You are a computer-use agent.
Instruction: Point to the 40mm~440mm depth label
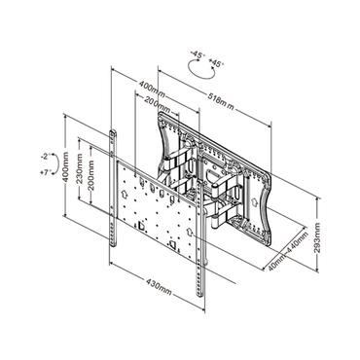(292, 247)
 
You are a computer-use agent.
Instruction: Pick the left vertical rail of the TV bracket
(117, 195)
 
